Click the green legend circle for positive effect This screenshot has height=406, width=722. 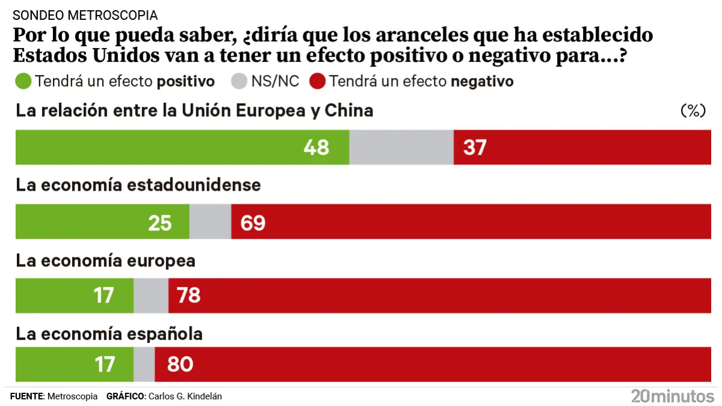[24, 81]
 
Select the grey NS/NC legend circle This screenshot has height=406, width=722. [240, 81]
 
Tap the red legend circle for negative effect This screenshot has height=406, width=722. [318, 81]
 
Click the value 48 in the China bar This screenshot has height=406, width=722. [316, 147]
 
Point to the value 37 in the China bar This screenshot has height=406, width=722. [475, 147]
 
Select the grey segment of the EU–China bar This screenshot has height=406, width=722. [401, 147]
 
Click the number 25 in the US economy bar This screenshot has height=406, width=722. [160, 223]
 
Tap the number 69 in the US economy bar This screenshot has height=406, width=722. [253, 223]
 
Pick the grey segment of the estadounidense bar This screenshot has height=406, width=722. [210, 222]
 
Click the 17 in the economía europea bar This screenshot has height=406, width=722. [103, 296]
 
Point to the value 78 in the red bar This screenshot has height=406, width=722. [188, 296]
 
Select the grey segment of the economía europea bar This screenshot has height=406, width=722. [150, 296]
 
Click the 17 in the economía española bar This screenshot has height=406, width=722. [103, 364]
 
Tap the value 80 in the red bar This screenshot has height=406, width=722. [180, 364]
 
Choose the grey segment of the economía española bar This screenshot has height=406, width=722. [144, 364]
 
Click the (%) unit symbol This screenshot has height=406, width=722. [692, 111]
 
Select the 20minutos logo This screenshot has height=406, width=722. [672, 396]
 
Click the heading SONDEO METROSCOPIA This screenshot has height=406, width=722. [85, 15]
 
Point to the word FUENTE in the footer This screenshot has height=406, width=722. [27, 396]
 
